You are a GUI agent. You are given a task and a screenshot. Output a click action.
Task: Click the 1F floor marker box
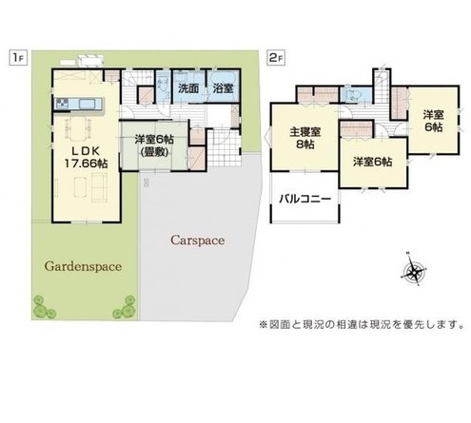(x=17, y=58)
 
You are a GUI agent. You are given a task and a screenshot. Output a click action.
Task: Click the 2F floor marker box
(x=277, y=58)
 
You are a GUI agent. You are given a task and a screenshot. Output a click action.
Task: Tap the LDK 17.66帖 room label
(x=86, y=157)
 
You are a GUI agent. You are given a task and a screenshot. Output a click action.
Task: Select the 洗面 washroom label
(x=188, y=88)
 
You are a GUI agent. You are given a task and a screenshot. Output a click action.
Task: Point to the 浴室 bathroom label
(x=223, y=88)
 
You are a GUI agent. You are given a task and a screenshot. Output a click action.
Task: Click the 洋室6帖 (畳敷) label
(x=154, y=145)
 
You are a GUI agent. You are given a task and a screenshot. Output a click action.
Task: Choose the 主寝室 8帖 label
(x=305, y=138)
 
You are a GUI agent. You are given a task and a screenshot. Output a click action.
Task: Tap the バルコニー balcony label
(x=305, y=199)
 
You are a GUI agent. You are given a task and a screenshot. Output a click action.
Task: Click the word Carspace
(x=198, y=240)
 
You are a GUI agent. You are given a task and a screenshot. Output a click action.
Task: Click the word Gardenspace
(x=83, y=266)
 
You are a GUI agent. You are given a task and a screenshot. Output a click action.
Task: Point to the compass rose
(x=414, y=270)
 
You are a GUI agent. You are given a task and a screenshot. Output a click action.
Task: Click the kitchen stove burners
(x=62, y=104)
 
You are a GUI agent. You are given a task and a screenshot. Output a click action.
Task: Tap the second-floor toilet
(x=353, y=95)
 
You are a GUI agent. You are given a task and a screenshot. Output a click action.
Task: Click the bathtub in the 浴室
(x=223, y=85)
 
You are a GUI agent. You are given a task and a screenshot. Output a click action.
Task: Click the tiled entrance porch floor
(x=225, y=148)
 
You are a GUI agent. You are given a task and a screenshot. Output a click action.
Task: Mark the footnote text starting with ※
(x=362, y=324)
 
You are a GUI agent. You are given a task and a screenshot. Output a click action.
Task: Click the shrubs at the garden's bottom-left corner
(x=43, y=307)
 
